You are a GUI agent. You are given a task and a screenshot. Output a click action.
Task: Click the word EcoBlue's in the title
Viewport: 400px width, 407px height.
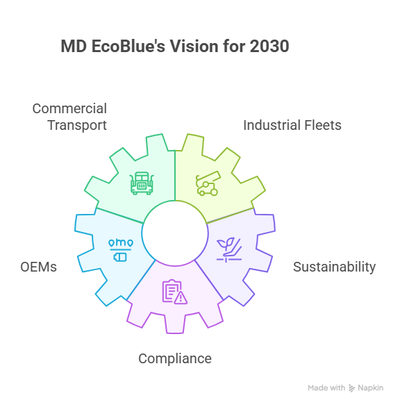[x=128, y=47]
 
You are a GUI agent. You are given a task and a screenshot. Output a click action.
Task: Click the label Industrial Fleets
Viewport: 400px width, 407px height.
[x=292, y=125]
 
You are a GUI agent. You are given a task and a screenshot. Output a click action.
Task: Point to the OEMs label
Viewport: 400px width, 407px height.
[x=38, y=267]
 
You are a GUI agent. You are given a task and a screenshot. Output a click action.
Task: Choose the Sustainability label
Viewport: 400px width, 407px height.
[x=334, y=267]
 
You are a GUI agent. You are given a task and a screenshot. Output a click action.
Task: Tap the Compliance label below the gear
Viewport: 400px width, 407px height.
[x=175, y=359]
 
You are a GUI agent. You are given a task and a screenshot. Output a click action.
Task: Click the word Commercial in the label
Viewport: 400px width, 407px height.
[x=69, y=108]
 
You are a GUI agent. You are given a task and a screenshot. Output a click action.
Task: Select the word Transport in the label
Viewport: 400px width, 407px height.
[x=77, y=126]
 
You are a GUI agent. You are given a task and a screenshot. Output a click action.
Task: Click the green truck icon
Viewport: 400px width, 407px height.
[x=142, y=183]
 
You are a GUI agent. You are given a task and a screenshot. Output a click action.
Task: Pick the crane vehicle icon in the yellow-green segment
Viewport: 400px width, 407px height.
[x=208, y=183]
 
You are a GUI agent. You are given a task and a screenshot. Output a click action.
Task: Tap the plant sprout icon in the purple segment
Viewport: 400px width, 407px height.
[x=229, y=250]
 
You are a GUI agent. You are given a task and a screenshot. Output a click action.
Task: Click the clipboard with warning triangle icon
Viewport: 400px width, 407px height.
[x=175, y=292]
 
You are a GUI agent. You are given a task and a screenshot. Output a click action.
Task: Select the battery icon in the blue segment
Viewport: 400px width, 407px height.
[x=120, y=257]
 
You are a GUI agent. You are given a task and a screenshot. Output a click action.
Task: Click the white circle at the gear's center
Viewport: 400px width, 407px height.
[x=175, y=233]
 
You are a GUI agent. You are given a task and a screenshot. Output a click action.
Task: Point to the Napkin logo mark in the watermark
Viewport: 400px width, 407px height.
[x=351, y=388]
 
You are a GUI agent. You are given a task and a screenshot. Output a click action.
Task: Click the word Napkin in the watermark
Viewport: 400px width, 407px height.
[x=370, y=388]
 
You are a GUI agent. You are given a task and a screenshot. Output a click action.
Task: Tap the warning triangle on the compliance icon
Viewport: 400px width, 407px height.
[x=181, y=298]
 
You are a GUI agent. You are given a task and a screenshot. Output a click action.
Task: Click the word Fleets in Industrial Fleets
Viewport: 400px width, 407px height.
[x=323, y=125]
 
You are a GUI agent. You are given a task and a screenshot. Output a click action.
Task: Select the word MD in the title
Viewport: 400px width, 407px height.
[x=74, y=47]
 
